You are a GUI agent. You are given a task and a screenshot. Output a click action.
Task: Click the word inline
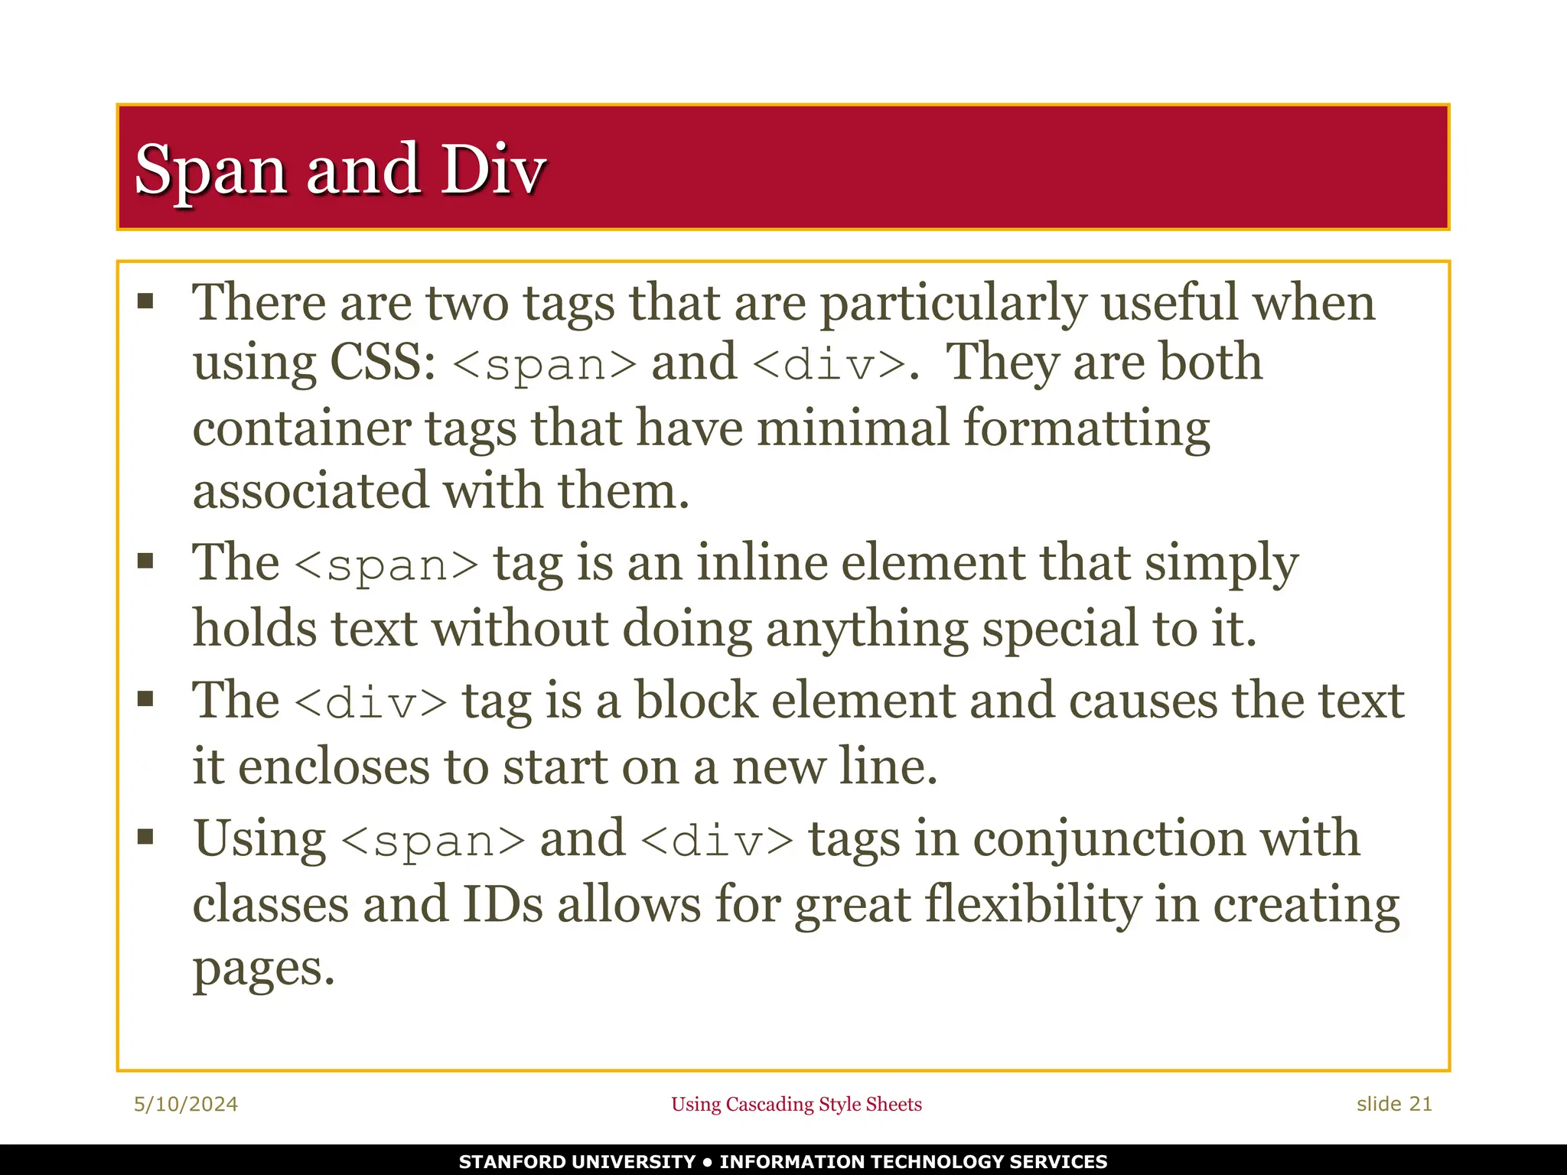tap(762, 563)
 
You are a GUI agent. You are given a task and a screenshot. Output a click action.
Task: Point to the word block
tap(696, 701)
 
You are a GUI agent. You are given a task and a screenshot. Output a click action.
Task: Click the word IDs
tap(503, 905)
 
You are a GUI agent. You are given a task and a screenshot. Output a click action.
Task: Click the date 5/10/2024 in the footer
tap(186, 1104)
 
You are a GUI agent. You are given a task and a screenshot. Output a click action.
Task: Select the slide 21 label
tap(1394, 1104)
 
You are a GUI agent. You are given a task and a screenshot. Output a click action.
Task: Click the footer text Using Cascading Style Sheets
tap(797, 1104)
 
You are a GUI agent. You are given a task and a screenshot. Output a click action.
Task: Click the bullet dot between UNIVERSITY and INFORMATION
tap(708, 1162)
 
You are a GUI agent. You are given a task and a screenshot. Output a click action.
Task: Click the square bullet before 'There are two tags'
tap(145, 301)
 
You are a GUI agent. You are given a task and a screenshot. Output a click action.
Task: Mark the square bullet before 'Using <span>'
tap(145, 836)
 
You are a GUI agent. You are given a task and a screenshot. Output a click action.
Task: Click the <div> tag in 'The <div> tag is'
tap(370, 702)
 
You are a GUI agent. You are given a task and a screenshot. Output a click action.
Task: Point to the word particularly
tap(953, 303)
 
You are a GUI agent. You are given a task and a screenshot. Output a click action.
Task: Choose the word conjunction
tap(1109, 838)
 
